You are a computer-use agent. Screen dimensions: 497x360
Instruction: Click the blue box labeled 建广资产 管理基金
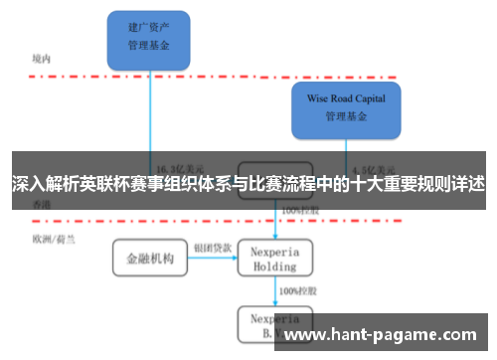150,38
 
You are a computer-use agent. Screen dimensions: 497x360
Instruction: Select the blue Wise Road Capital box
345,108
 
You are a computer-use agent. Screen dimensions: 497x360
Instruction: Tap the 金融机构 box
150,259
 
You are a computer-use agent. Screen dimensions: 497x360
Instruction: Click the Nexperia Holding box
273,259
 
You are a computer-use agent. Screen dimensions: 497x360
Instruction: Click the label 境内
41,59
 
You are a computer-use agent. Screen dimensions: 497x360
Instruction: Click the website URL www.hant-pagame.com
382,335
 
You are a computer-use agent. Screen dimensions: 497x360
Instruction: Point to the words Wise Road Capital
345,98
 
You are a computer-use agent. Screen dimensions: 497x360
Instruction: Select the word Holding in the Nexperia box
273,267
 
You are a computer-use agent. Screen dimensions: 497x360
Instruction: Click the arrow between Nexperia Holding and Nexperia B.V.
274,290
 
